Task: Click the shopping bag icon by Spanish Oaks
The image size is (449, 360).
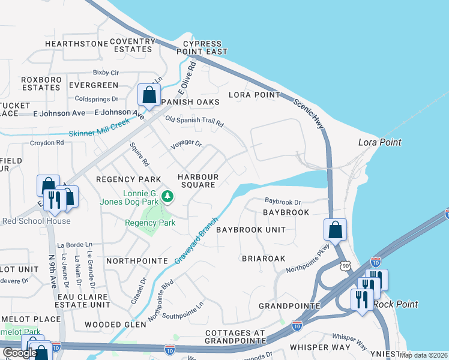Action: (148, 95)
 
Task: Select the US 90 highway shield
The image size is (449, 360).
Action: (345, 265)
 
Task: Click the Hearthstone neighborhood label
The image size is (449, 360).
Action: (74, 44)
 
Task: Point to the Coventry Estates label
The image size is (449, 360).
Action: (132, 46)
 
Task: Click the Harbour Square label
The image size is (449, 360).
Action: (197, 181)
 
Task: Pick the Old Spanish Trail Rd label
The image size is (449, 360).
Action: (194, 122)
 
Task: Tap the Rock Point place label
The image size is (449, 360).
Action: (396, 304)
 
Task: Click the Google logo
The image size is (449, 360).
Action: (20, 353)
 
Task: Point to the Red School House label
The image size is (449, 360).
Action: (36, 221)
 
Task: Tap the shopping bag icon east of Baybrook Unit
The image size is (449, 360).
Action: (335, 230)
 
